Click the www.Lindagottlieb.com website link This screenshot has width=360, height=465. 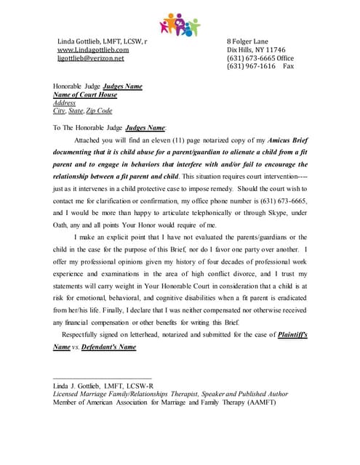click(x=93, y=50)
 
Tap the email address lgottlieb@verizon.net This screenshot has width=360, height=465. click(x=91, y=59)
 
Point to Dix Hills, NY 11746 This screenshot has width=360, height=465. click(x=257, y=50)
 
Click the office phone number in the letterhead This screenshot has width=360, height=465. click(x=260, y=58)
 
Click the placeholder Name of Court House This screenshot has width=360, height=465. click(x=85, y=94)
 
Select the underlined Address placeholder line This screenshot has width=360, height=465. click(x=65, y=102)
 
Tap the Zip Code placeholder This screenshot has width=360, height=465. click(x=99, y=110)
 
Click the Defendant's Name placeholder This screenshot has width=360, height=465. click(x=107, y=347)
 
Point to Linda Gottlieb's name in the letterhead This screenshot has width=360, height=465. click(x=101, y=41)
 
